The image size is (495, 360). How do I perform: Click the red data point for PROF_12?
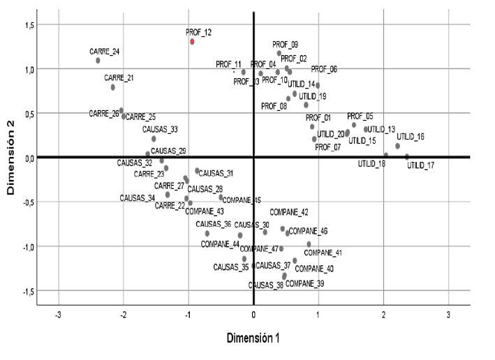click(x=192, y=42)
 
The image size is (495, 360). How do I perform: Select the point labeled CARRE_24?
click(x=98, y=61)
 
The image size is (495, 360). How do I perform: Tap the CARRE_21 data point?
click(x=112, y=87)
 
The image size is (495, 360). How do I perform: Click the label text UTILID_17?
click(x=421, y=165)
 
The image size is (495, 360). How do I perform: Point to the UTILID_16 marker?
click(x=398, y=146)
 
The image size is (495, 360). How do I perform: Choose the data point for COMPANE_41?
click(x=309, y=244)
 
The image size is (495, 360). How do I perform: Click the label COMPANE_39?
click(x=305, y=283)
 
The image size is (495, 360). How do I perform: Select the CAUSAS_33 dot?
click(x=154, y=139)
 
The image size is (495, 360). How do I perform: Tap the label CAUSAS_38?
click(x=266, y=285)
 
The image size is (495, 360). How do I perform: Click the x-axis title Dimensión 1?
click(x=253, y=338)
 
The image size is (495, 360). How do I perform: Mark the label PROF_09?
click(x=286, y=44)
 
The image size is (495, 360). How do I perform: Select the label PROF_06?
click(x=324, y=69)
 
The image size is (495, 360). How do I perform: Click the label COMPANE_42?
click(x=289, y=211)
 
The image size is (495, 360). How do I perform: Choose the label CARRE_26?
click(x=103, y=113)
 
